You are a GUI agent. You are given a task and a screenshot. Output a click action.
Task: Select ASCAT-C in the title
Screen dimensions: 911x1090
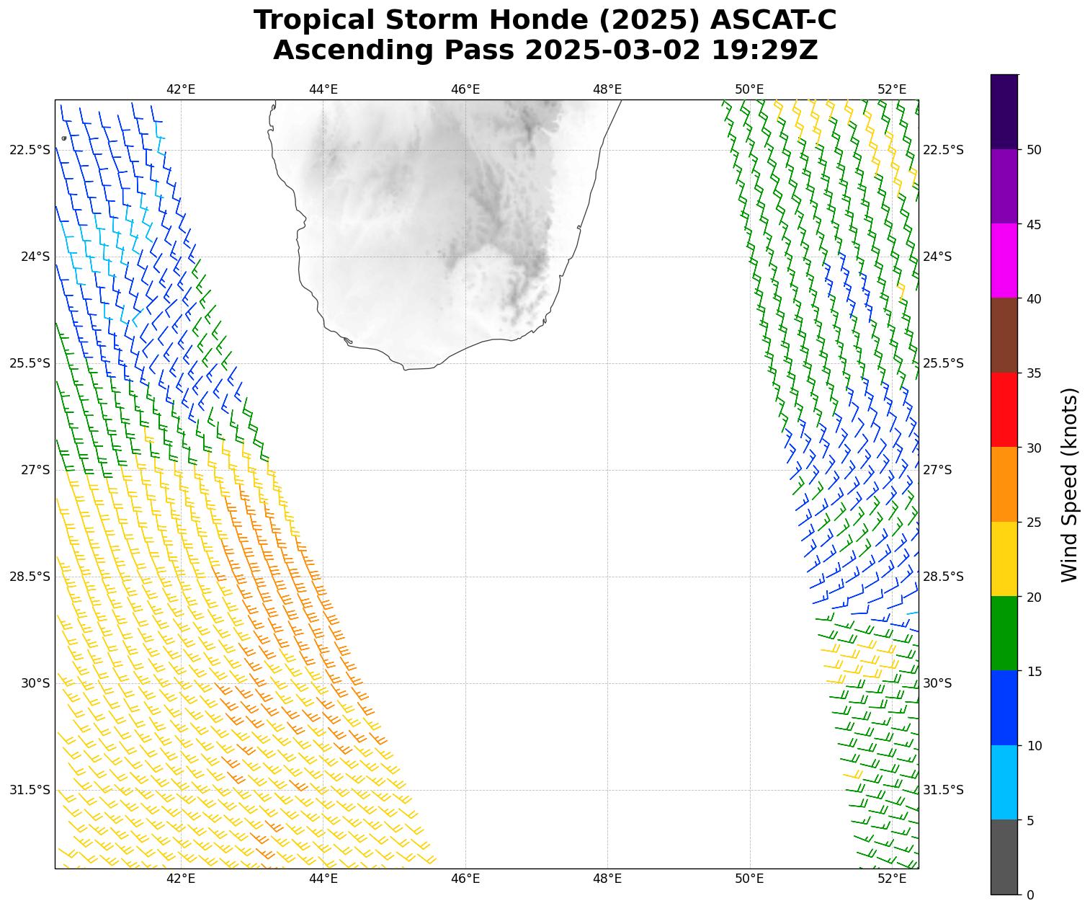pyautogui.click(x=774, y=20)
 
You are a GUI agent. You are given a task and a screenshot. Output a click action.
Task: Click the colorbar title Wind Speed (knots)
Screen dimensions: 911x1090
pyautogui.click(x=1070, y=484)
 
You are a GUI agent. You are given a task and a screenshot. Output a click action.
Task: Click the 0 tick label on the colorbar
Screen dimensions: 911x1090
pyautogui.click(x=1030, y=894)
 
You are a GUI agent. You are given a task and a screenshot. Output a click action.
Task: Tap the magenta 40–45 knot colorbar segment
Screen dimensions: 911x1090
pyautogui.click(x=1004, y=260)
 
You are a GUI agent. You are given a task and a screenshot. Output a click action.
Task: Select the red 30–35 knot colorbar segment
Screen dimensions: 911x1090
pyautogui.click(x=1004, y=409)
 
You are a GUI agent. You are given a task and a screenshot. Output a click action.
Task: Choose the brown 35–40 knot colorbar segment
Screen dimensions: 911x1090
pyautogui.click(x=1004, y=335)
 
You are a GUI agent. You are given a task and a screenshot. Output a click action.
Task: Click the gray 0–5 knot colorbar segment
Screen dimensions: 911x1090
pyautogui.click(x=1004, y=857)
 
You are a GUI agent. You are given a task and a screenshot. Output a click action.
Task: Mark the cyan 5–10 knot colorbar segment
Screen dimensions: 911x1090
pyautogui.click(x=1004, y=782)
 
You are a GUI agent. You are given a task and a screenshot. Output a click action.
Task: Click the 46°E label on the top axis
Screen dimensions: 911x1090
pyautogui.click(x=465, y=89)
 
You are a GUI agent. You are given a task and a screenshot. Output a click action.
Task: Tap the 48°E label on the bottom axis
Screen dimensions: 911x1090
pyautogui.click(x=607, y=878)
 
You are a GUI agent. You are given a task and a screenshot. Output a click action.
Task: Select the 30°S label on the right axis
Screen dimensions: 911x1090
pyautogui.click(x=937, y=683)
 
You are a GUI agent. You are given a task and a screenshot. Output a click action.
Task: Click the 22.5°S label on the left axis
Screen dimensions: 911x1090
pyautogui.click(x=30, y=150)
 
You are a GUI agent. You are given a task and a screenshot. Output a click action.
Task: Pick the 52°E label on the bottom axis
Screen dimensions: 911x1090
pyautogui.click(x=892, y=878)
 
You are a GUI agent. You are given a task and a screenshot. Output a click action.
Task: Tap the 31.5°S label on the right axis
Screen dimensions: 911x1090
pyautogui.click(x=943, y=790)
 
